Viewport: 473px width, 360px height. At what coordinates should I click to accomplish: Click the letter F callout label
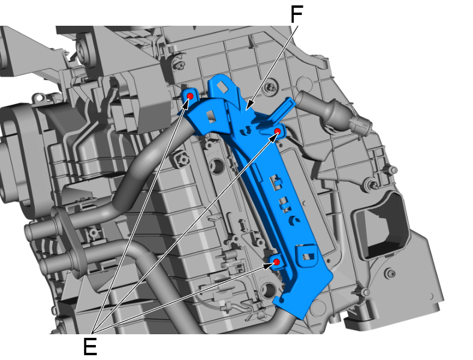296,15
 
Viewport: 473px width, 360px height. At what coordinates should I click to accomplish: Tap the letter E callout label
90,346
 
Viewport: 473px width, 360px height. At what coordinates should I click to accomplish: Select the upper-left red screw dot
189,96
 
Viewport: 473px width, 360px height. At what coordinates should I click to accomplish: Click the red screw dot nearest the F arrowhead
278,131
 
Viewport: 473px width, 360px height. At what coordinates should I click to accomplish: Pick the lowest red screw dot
277,262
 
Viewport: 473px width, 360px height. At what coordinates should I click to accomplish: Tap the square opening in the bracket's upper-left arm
211,114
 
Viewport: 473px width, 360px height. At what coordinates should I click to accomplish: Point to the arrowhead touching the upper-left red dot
186,101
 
